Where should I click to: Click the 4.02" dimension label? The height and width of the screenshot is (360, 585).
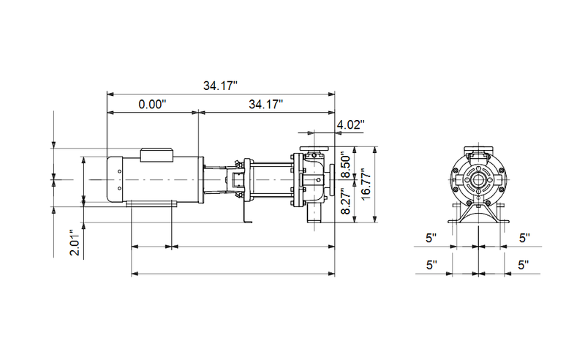click(x=350, y=125)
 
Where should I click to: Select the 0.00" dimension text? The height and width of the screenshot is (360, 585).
click(x=153, y=105)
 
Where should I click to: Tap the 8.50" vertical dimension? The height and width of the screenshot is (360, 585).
click(x=348, y=162)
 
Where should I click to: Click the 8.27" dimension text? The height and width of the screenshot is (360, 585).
click(x=348, y=201)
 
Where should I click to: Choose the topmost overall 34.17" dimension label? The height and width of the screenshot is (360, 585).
click(x=221, y=86)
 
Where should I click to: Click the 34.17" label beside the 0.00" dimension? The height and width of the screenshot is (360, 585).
click(x=266, y=105)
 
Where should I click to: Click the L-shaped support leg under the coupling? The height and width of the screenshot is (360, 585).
click(x=246, y=212)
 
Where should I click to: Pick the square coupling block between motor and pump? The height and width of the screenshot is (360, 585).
click(x=236, y=180)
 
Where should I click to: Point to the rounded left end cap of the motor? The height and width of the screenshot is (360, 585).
click(x=115, y=179)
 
